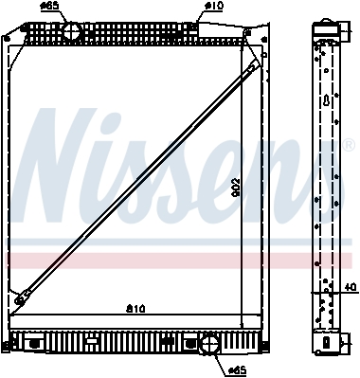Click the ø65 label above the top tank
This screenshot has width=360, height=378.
tap(50, 7)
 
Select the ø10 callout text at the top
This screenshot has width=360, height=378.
tap(214, 6)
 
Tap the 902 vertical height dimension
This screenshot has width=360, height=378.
tap(236, 189)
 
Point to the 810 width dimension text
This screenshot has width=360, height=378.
tap(135, 309)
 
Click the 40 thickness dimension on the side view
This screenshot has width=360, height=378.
tap(350, 287)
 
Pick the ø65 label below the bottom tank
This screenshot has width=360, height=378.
tap(237, 370)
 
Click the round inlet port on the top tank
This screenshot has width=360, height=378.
tap(72, 31)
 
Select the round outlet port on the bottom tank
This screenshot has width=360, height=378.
tap(210, 344)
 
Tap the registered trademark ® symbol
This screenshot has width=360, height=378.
tap(348, 145)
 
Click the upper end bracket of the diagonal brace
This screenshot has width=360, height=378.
tap(254, 66)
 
